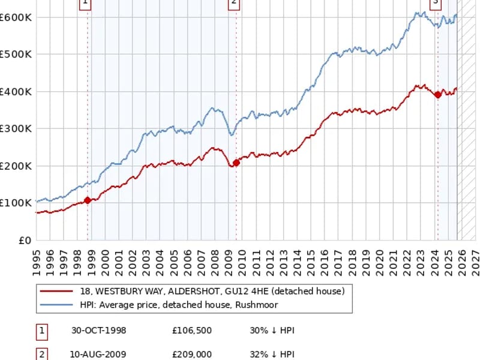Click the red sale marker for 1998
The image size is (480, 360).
pos(88,200)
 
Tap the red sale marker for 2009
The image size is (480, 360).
pos(236,162)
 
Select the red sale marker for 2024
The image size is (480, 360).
pos(437,95)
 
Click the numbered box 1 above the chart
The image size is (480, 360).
pos(85,4)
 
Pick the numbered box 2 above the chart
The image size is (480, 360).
pos(234,4)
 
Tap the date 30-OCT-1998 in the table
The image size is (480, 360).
pos(98,331)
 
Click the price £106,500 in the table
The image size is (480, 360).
pos(191,331)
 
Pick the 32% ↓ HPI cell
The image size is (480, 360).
pos(272,355)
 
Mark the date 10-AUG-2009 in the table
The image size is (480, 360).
pos(98,355)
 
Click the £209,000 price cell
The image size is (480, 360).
pos(191,355)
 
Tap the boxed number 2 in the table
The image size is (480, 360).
pos(42,355)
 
